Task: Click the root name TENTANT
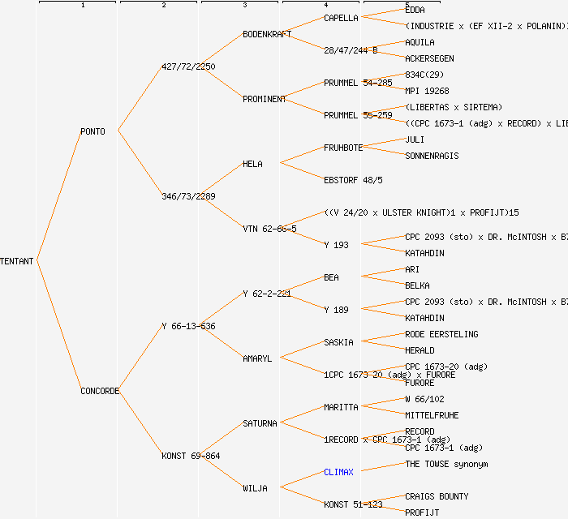[17, 261]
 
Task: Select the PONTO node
[93, 131]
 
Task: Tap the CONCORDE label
[100, 391]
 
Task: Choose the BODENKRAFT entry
[267, 34]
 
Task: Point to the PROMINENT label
[265, 99]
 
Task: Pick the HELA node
[252, 164]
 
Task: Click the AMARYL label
[257, 358]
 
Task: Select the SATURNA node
[260, 423]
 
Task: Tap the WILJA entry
[255, 488]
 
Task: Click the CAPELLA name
[341, 18]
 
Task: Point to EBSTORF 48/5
[353, 180]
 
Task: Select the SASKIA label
[338, 342]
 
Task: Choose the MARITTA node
[341, 407]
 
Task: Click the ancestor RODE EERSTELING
[441, 334]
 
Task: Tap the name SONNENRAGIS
[432, 156]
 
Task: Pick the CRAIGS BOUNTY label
[437, 496]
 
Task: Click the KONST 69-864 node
[191, 456]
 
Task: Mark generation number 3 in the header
[244, 6]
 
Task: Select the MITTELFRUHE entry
[432, 415]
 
